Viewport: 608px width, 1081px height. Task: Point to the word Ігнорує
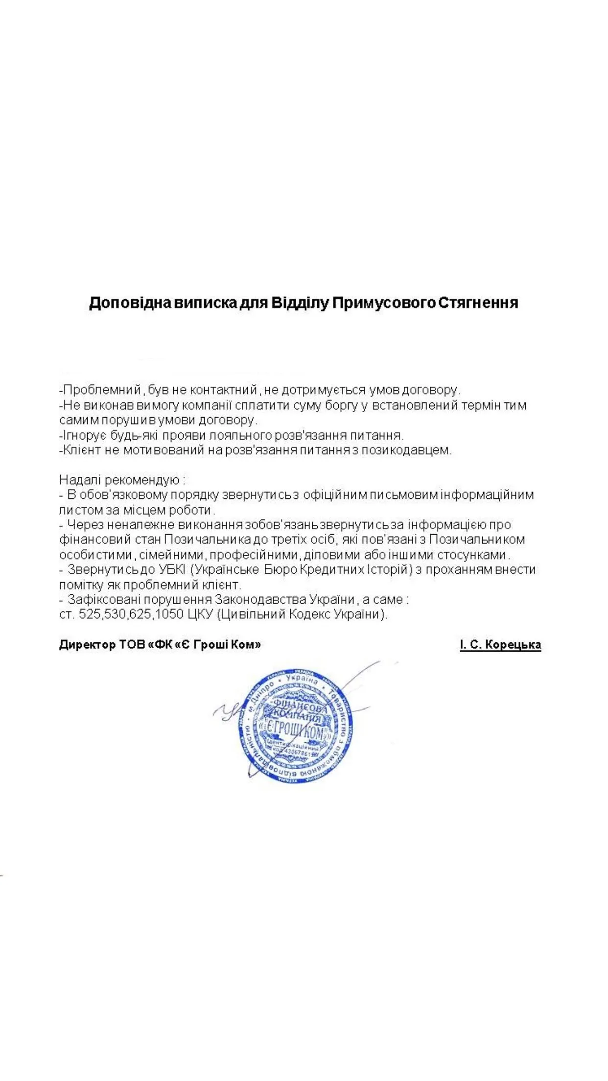pyautogui.click(x=79, y=435)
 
